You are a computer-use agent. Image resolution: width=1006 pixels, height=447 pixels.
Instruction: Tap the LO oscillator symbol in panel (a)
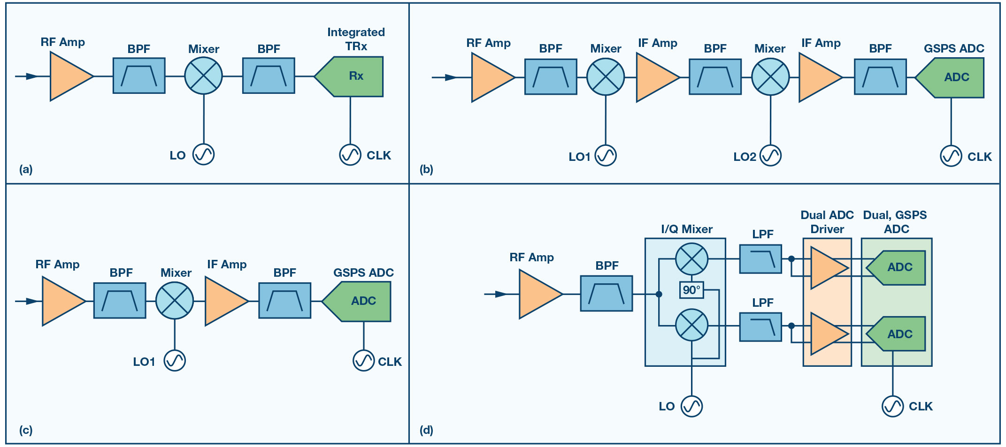point(204,154)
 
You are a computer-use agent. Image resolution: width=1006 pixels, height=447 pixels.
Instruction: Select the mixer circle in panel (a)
point(203,76)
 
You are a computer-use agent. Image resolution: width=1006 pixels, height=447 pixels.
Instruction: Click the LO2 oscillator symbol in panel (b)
point(770,155)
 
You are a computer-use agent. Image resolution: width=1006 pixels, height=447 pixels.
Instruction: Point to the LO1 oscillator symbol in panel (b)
point(606,155)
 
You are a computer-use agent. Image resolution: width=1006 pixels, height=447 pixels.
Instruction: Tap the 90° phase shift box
point(691,290)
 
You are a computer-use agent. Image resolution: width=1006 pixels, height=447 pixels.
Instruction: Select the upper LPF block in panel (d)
point(760,259)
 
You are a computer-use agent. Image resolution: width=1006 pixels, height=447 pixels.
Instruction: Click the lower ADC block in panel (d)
point(896,333)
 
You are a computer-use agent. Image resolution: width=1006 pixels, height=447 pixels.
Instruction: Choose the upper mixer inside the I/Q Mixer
point(691,259)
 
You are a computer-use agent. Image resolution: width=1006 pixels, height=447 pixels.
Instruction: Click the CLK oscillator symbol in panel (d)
point(892,406)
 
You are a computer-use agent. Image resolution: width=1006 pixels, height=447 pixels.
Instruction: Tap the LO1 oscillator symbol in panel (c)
point(175,361)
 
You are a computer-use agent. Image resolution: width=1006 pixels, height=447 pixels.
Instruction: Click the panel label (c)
point(26,430)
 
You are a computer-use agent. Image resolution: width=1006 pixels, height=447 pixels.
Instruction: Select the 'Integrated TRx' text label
point(356,39)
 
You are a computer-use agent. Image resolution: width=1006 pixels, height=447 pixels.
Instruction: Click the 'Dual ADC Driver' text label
point(827,222)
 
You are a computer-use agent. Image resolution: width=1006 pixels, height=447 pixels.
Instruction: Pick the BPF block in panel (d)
point(607,294)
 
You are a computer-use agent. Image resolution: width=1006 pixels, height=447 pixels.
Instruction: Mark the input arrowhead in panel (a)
point(32,76)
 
